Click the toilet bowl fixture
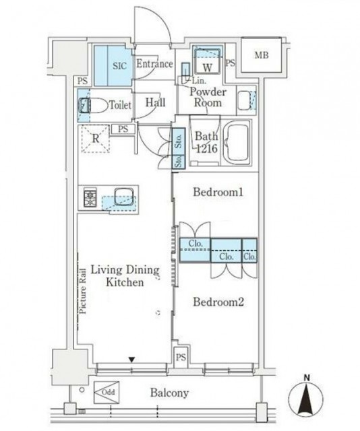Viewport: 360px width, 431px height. (x=93, y=105)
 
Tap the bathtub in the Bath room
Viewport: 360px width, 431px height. (x=237, y=143)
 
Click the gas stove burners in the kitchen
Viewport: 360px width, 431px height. (x=90, y=197)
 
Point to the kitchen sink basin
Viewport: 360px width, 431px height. (x=124, y=197)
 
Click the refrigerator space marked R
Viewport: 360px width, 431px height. (x=96, y=139)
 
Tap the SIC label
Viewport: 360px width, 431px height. (x=120, y=66)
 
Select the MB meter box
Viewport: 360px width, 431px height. (x=262, y=55)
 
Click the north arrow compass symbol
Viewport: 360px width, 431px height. (x=306, y=397)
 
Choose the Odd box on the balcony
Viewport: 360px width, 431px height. (x=107, y=392)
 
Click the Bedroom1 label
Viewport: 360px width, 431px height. (x=218, y=192)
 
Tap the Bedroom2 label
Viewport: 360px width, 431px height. (x=218, y=302)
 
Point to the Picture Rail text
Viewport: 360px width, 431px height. (x=83, y=291)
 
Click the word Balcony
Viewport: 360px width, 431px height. (x=169, y=393)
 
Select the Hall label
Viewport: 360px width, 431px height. (x=156, y=102)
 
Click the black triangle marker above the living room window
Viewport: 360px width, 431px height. (x=132, y=360)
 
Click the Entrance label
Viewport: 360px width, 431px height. (x=154, y=64)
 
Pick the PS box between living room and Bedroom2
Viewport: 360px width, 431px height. (x=181, y=357)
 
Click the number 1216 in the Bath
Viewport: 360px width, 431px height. (x=207, y=148)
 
